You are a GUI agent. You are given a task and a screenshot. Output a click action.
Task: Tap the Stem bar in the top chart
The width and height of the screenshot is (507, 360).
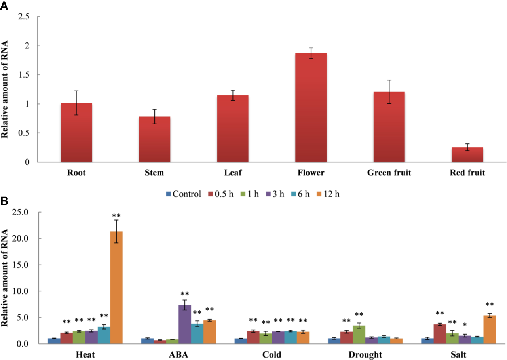(x=154, y=139)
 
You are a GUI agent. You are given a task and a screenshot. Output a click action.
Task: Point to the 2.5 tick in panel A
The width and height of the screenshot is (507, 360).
(x=25, y=17)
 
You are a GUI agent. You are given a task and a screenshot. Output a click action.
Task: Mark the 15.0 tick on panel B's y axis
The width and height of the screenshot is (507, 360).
(x=22, y=265)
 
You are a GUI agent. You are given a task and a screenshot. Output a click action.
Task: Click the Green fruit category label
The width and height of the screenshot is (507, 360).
(x=389, y=173)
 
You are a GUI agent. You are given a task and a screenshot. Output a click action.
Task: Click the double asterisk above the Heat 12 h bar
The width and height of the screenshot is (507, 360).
(x=116, y=216)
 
